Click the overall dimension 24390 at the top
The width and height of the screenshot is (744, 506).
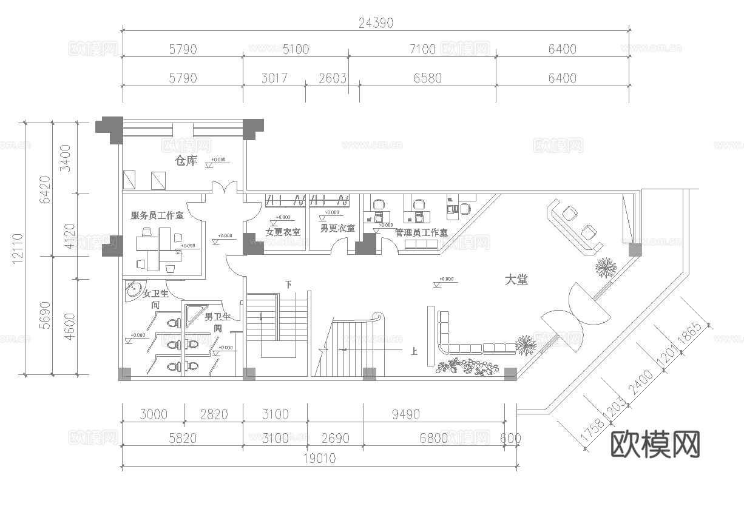click(376, 23)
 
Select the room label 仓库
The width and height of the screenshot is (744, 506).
click(186, 161)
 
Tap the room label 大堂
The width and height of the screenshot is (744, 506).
click(516, 280)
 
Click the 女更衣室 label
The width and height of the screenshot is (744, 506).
click(283, 232)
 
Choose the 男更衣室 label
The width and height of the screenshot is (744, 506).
click(337, 229)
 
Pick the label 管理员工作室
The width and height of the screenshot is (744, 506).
click(421, 232)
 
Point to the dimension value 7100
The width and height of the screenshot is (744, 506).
click(422, 49)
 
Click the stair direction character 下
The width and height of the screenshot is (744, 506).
click(288, 284)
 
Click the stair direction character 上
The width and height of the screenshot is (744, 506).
click(414, 351)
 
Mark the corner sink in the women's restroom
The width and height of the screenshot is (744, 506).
click(134, 291)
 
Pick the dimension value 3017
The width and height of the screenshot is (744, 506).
click(274, 78)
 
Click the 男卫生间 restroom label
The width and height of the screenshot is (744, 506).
click(217, 322)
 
